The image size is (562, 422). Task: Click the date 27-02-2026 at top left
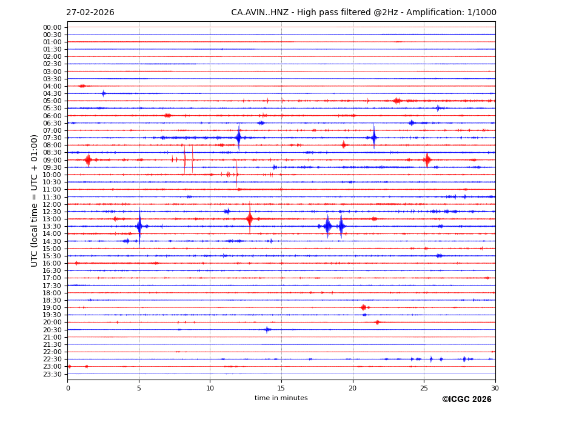[x=90, y=13]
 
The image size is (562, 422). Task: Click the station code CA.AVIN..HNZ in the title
[x=259, y=13]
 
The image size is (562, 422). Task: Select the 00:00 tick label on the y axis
[x=52, y=27]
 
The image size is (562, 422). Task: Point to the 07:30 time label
[x=52, y=138]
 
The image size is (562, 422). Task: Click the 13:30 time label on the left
[x=52, y=226]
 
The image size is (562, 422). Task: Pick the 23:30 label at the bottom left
[x=52, y=374]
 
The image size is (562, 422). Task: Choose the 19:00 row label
[x=52, y=307]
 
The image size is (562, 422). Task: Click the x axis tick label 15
[x=281, y=388]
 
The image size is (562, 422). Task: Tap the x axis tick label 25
[x=424, y=388]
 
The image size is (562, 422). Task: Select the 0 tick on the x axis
[x=68, y=388]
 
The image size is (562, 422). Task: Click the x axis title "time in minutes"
[x=281, y=398]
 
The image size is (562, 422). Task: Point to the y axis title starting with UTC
[x=35, y=200]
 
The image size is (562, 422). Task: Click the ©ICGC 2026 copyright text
[x=466, y=400]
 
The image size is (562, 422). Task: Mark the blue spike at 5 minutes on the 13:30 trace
[x=139, y=226]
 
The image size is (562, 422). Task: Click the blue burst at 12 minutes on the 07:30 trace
[x=238, y=138]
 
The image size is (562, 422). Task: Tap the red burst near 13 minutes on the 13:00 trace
[x=250, y=218]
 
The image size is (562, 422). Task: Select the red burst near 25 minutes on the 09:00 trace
[x=427, y=159]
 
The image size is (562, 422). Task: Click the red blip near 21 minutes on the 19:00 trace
[x=363, y=307]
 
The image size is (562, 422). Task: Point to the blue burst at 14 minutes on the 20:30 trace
[x=267, y=329]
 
